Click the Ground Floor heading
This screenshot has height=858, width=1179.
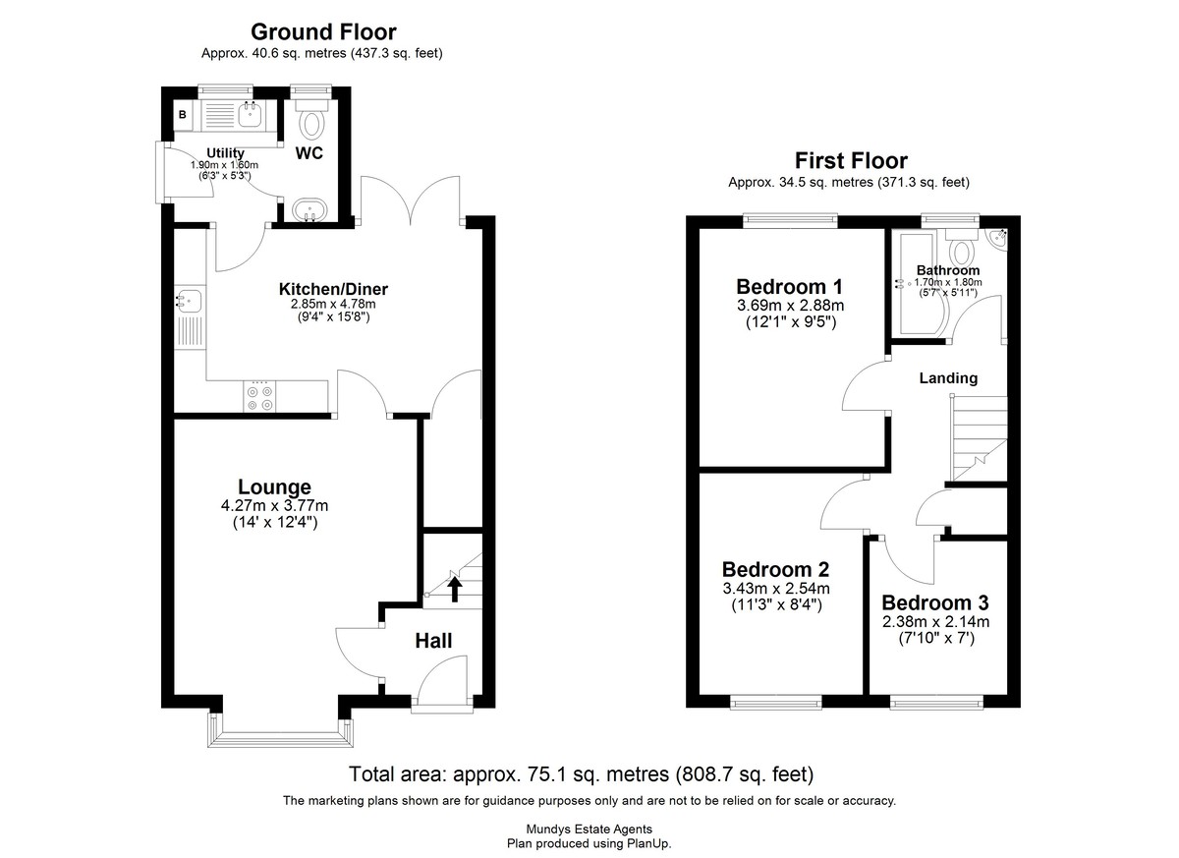(x=323, y=32)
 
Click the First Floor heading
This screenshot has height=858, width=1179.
(x=851, y=160)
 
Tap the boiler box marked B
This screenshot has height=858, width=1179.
(x=183, y=115)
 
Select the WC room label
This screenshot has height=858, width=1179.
(x=309, y=153)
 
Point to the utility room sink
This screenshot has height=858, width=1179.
(x=249, y=113)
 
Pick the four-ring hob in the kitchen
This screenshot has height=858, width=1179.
(x=259, y=397)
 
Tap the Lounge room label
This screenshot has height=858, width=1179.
(x=274, y=486)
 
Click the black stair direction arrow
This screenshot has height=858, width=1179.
(x=455, y=589)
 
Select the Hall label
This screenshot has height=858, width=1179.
(x=433, y=641)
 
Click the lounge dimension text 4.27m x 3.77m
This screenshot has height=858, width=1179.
(x=274, y=506)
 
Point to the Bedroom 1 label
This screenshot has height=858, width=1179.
(x=789, y=287)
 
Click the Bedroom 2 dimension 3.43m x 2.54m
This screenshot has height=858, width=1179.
(x=776, y=589)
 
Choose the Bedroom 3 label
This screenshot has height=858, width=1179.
(x=934, y=602)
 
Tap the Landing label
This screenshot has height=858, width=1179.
(x=948, y=378)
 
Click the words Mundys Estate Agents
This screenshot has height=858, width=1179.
(x=589, y=829)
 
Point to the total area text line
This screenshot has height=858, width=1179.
(x=581, y=774)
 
